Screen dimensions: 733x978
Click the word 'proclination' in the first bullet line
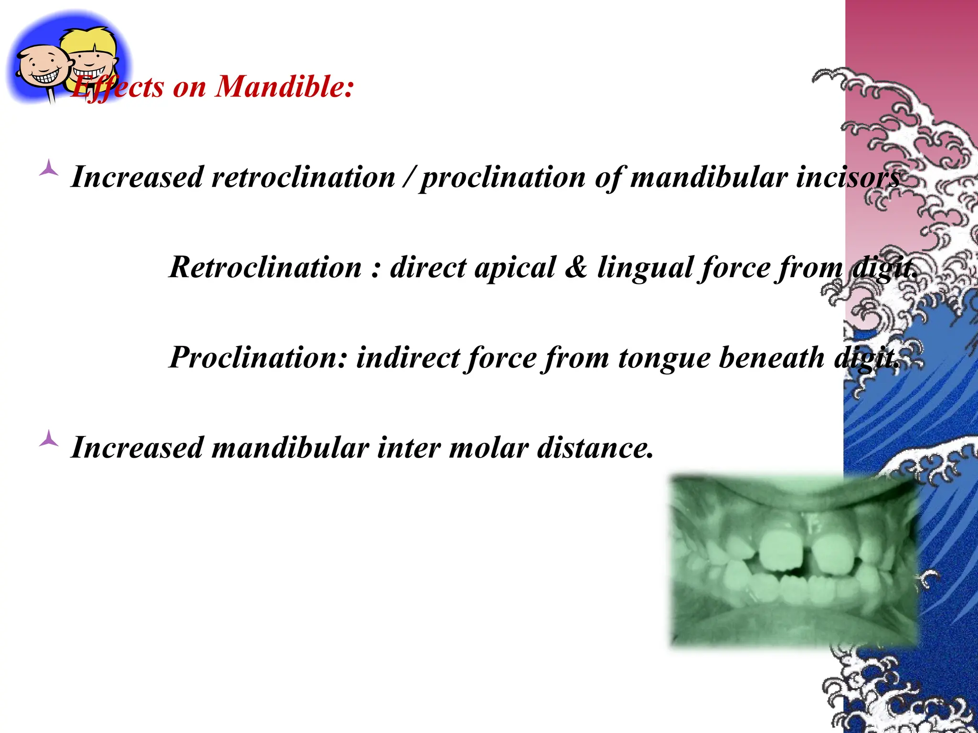pos(503,178)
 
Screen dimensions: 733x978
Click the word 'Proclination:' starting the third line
pos(258,357)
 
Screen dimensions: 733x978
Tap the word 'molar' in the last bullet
pos(489,448)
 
